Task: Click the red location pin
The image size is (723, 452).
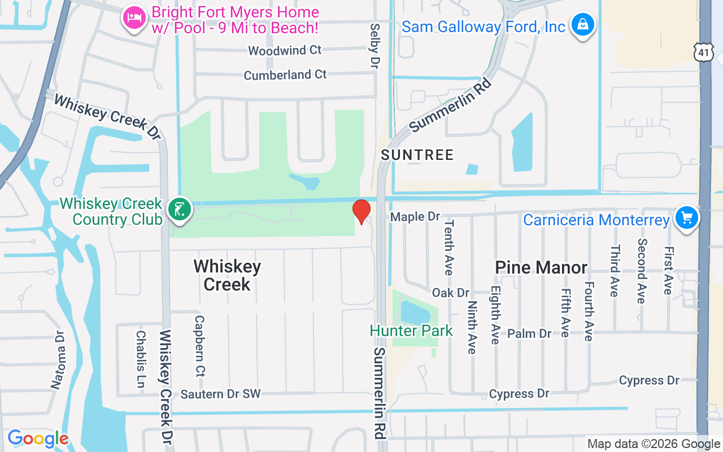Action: pos(361,211)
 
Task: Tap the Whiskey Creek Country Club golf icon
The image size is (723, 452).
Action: pos(181,210)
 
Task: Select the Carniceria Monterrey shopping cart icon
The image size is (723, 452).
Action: pos(686,218)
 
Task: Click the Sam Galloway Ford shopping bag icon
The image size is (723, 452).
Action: pos(582,24)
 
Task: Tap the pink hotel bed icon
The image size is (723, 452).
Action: pos(134,18)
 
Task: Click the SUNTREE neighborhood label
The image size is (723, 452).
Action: pos(417,155)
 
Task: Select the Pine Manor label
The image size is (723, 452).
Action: pos(541,267)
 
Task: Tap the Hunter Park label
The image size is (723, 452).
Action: pos(411,331)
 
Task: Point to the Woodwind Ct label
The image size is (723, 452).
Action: pos(285,50)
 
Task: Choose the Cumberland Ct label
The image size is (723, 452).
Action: pos(285,75)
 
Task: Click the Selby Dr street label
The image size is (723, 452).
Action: pos(374,46)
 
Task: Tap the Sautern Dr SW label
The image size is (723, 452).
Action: pos(220,394)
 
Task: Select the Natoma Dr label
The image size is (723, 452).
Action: pos(59,360)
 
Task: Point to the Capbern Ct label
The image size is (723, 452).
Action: pos(199,346)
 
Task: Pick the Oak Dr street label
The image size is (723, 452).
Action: pos(451,293)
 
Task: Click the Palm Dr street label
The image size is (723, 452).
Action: pos(529,334)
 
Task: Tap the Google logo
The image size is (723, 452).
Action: pos(38,438)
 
